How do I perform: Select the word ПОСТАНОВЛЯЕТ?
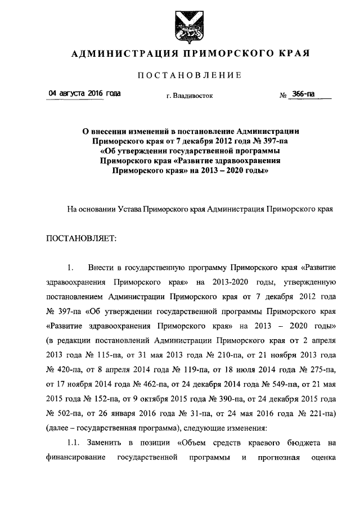tap(80, 238)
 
